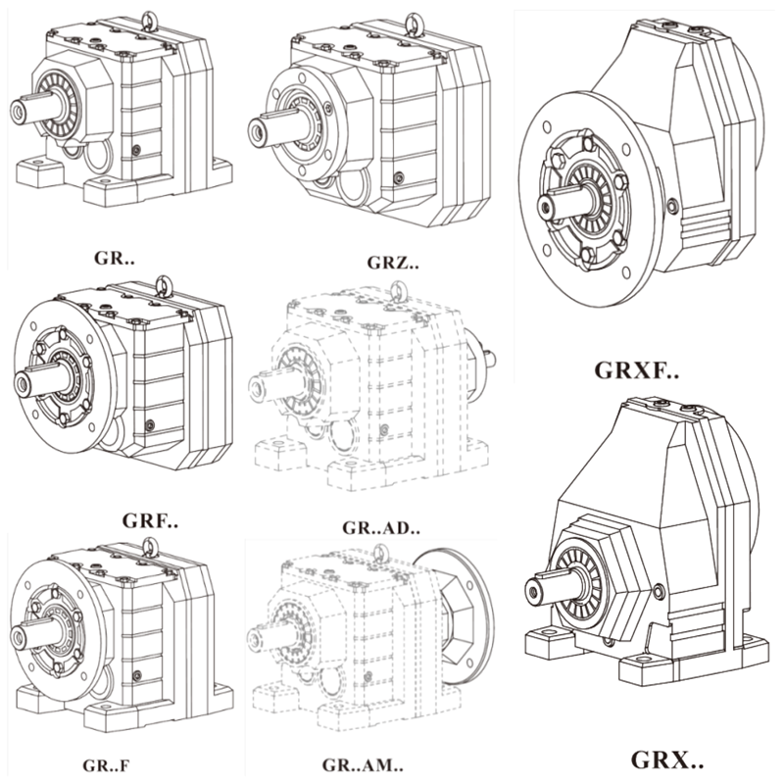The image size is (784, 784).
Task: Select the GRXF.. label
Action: (637, 371)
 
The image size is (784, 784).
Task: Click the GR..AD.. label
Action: (378, 529)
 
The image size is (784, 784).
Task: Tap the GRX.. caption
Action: (666, 759)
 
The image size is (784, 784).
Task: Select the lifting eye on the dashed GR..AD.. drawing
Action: (398, 291)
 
